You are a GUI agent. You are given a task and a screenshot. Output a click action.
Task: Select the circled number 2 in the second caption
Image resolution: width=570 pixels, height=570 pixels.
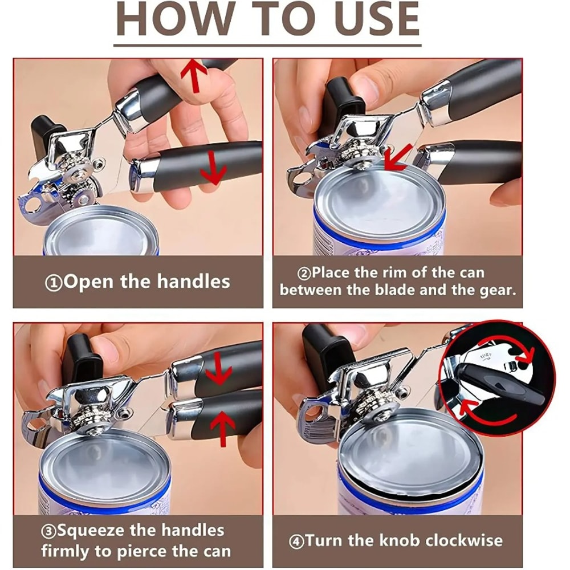click(304, 274)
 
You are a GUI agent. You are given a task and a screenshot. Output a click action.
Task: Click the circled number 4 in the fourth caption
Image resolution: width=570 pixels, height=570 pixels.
click(296, 540)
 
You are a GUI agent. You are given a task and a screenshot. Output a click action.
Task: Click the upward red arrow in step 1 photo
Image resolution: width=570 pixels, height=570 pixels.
click(194, 76)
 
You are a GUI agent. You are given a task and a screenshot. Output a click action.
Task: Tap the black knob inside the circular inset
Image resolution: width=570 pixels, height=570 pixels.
click(502, 388)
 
